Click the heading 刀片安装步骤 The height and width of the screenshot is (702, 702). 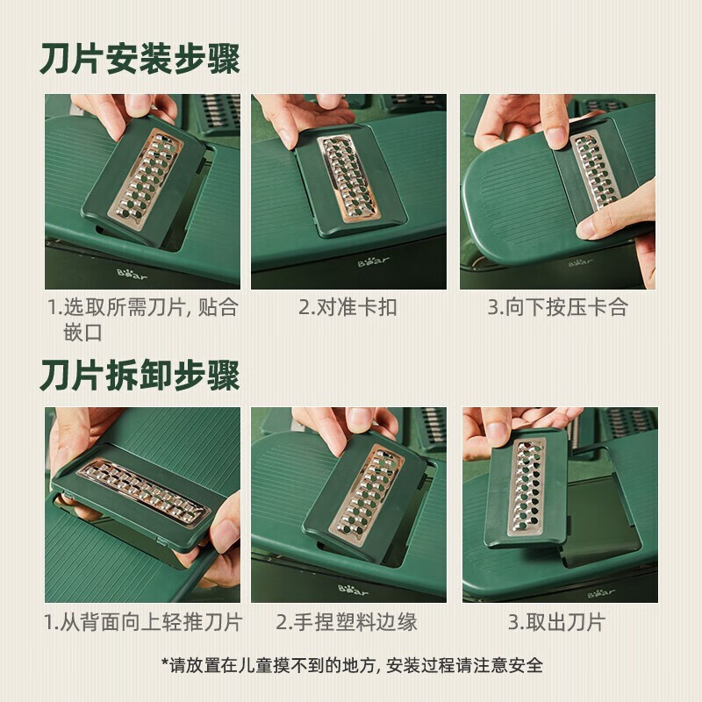pos(140,59)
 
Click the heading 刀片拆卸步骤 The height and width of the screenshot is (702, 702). pos(140,376)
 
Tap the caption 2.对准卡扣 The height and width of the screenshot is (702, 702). pos(347,307)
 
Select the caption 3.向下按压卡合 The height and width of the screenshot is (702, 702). pos(558,307)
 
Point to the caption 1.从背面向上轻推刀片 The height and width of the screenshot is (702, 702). pos(143,622)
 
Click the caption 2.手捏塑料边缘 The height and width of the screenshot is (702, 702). pos(346,622)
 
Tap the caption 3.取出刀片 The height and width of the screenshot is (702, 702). pos(556,622)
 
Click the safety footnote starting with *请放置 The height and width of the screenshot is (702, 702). pos(352,665)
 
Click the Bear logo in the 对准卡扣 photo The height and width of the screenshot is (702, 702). pos(374,261)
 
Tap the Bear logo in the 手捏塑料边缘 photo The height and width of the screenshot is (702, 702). pos(354,590)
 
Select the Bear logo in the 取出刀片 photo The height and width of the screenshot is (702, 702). pos(601,593)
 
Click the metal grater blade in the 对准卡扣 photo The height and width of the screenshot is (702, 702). pos(348,178)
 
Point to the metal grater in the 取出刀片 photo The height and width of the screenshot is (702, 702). pos(527,486)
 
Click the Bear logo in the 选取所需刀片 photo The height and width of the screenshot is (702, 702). pos(132,274)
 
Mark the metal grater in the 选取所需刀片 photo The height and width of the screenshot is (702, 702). pos(146,180)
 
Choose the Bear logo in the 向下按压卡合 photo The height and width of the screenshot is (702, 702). pos(581,262)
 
